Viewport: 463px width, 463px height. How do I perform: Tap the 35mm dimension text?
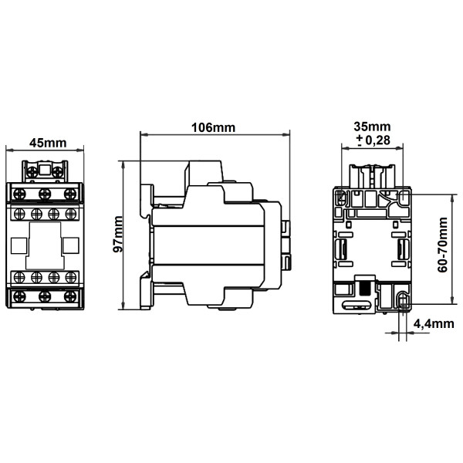372,127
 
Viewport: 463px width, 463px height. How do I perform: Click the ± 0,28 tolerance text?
372,140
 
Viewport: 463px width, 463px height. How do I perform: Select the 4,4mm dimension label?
433,324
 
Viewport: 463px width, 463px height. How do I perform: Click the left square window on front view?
18,245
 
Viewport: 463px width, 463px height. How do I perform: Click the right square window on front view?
71,245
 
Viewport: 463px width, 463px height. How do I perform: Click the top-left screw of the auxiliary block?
19,192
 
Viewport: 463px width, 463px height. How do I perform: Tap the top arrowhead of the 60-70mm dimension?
450,193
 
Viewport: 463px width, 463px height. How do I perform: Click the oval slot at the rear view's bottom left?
341,291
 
